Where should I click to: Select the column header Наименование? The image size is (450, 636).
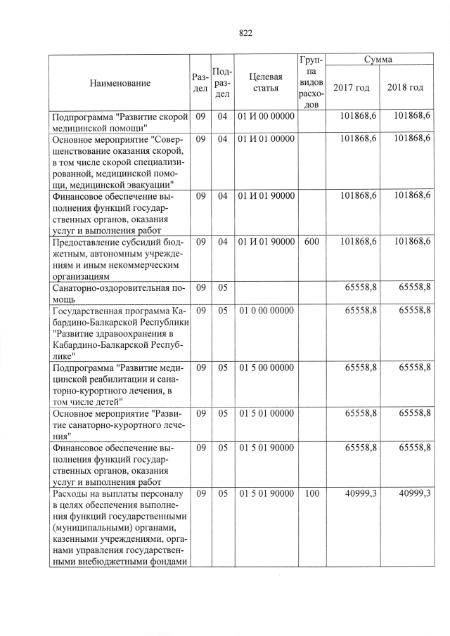[x=120, y=84]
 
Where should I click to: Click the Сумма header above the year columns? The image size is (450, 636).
[x=378, y=60]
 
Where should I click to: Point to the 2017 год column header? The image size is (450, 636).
[x=351, y=88]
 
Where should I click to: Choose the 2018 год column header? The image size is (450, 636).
[x=406, y=88]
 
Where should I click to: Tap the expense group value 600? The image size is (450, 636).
[x=311, y=242]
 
